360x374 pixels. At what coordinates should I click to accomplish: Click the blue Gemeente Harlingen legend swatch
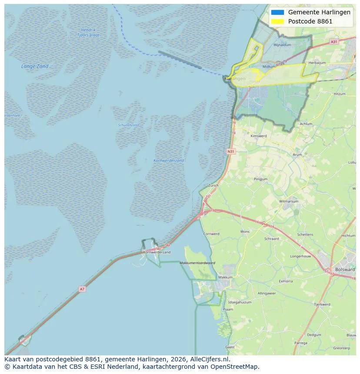(x=277, y=12)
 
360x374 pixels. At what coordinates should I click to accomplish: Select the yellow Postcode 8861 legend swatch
(x=277, y=21)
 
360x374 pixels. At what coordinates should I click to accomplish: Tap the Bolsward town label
(x=345, y=269)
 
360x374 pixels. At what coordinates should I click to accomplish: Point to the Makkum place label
(x=225, y=277)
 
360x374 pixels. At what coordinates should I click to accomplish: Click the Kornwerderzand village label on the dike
(x=157, y=252)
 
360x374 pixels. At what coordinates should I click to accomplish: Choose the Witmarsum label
(x=288, y=202)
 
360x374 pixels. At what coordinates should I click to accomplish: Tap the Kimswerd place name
(x=259, y=136)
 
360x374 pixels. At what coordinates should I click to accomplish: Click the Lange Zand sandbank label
(x=35, y=66)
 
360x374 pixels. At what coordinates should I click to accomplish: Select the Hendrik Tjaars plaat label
(x=88, y=33)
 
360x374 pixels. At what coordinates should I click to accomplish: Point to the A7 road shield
(x=82, y=289)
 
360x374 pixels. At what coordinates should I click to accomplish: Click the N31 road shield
(x=231, y=151)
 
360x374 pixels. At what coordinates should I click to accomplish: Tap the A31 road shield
(x=333, y=42)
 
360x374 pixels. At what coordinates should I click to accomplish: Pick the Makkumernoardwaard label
(x=197, y=263)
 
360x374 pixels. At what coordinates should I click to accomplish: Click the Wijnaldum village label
(x=282, y=45)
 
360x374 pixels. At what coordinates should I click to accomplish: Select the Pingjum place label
(x=261, y=179)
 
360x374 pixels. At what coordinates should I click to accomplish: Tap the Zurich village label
(x=213, y=185)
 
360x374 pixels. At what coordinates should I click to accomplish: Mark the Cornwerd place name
(x=211, y=234)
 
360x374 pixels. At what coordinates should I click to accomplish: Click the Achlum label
(x=306, y=124)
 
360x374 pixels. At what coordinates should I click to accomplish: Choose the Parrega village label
(x=300, y=343)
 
